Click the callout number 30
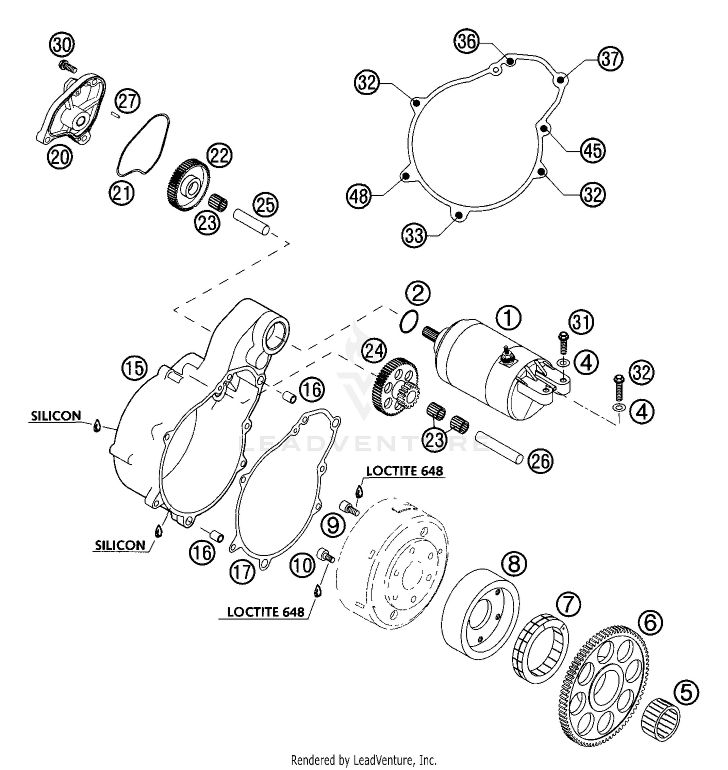pos(62,45)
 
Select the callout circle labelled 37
pos(610,59)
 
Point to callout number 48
pos(359,197)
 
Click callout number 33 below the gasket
pos(414,236)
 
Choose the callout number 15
pos(134,367)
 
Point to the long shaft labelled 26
pos(499,448)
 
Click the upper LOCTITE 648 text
pos(404,471)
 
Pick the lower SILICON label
pos(120,545)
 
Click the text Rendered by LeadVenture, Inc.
pos(364,760)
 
